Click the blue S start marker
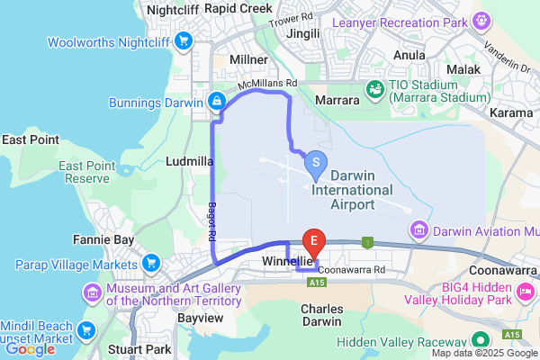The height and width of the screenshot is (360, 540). click(316, 163)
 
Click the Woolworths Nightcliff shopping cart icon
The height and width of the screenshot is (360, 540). click(184, 40)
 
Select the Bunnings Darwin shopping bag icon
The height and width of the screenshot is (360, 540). click(216, 101)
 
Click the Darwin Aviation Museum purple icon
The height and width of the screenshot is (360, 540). click(418, 230)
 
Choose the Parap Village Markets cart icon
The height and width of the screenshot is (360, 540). click(150, 264)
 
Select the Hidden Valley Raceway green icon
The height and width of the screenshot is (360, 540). click(481, 341)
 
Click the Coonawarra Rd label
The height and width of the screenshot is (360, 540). click(352, 269)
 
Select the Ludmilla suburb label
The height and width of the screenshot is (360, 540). click(190, 161)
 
